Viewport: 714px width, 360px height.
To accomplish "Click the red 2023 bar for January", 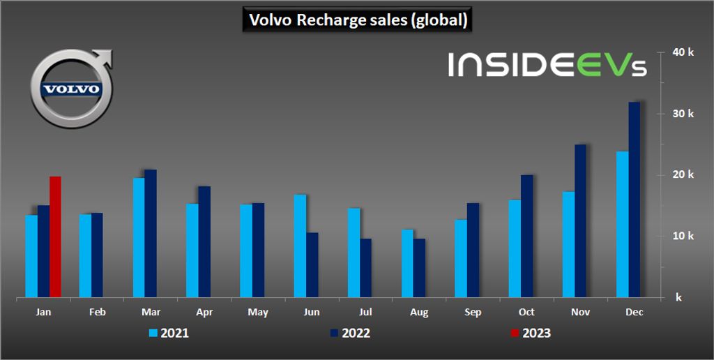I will click(x=55, y=237).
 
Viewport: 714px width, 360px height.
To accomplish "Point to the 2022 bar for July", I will click(x=365, y=269).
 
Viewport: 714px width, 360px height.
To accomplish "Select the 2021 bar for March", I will click(x=139, y=238).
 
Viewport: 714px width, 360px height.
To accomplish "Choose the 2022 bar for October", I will click(x=526, y=237).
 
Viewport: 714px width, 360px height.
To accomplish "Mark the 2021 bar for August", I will click(x=407, y=264).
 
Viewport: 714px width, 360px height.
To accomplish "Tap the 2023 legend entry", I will click(x=531, y=333).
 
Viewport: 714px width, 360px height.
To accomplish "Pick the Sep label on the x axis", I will click(x=473, y=313).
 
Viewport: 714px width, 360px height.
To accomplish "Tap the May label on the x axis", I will click(x=258, y=313).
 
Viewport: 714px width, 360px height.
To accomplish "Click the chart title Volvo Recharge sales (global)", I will click(x=357, y=20).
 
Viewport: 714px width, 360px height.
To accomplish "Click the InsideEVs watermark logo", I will click(x=547, y=64).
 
